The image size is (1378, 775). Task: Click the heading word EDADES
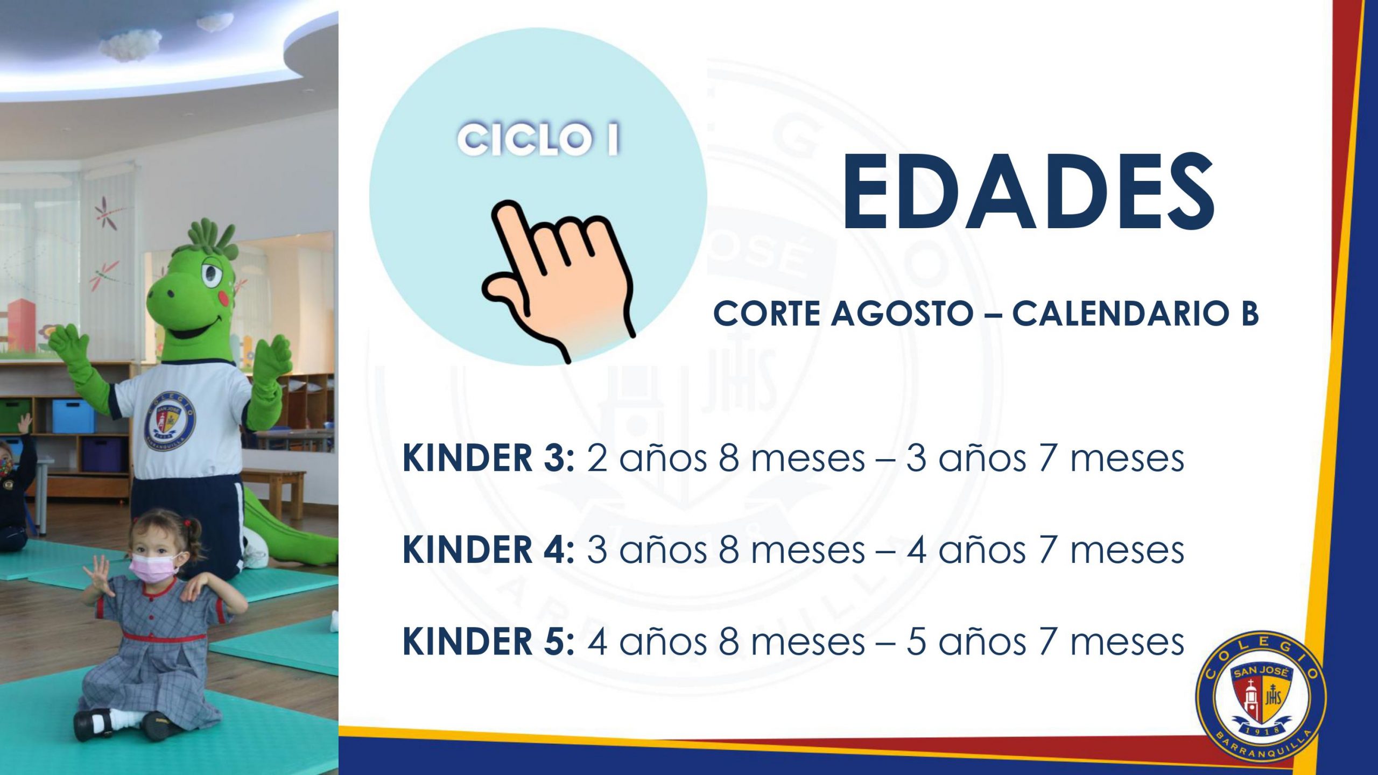pos(1028,192)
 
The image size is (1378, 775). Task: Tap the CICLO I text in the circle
pos(538,139)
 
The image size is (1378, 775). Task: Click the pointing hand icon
pos(560,280)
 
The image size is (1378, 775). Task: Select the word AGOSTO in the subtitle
pos(902,314)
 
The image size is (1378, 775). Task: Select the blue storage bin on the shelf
pos(73,416)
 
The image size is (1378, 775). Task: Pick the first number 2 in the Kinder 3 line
pos(597,459)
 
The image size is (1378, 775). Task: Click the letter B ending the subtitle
pos(1249,314)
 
